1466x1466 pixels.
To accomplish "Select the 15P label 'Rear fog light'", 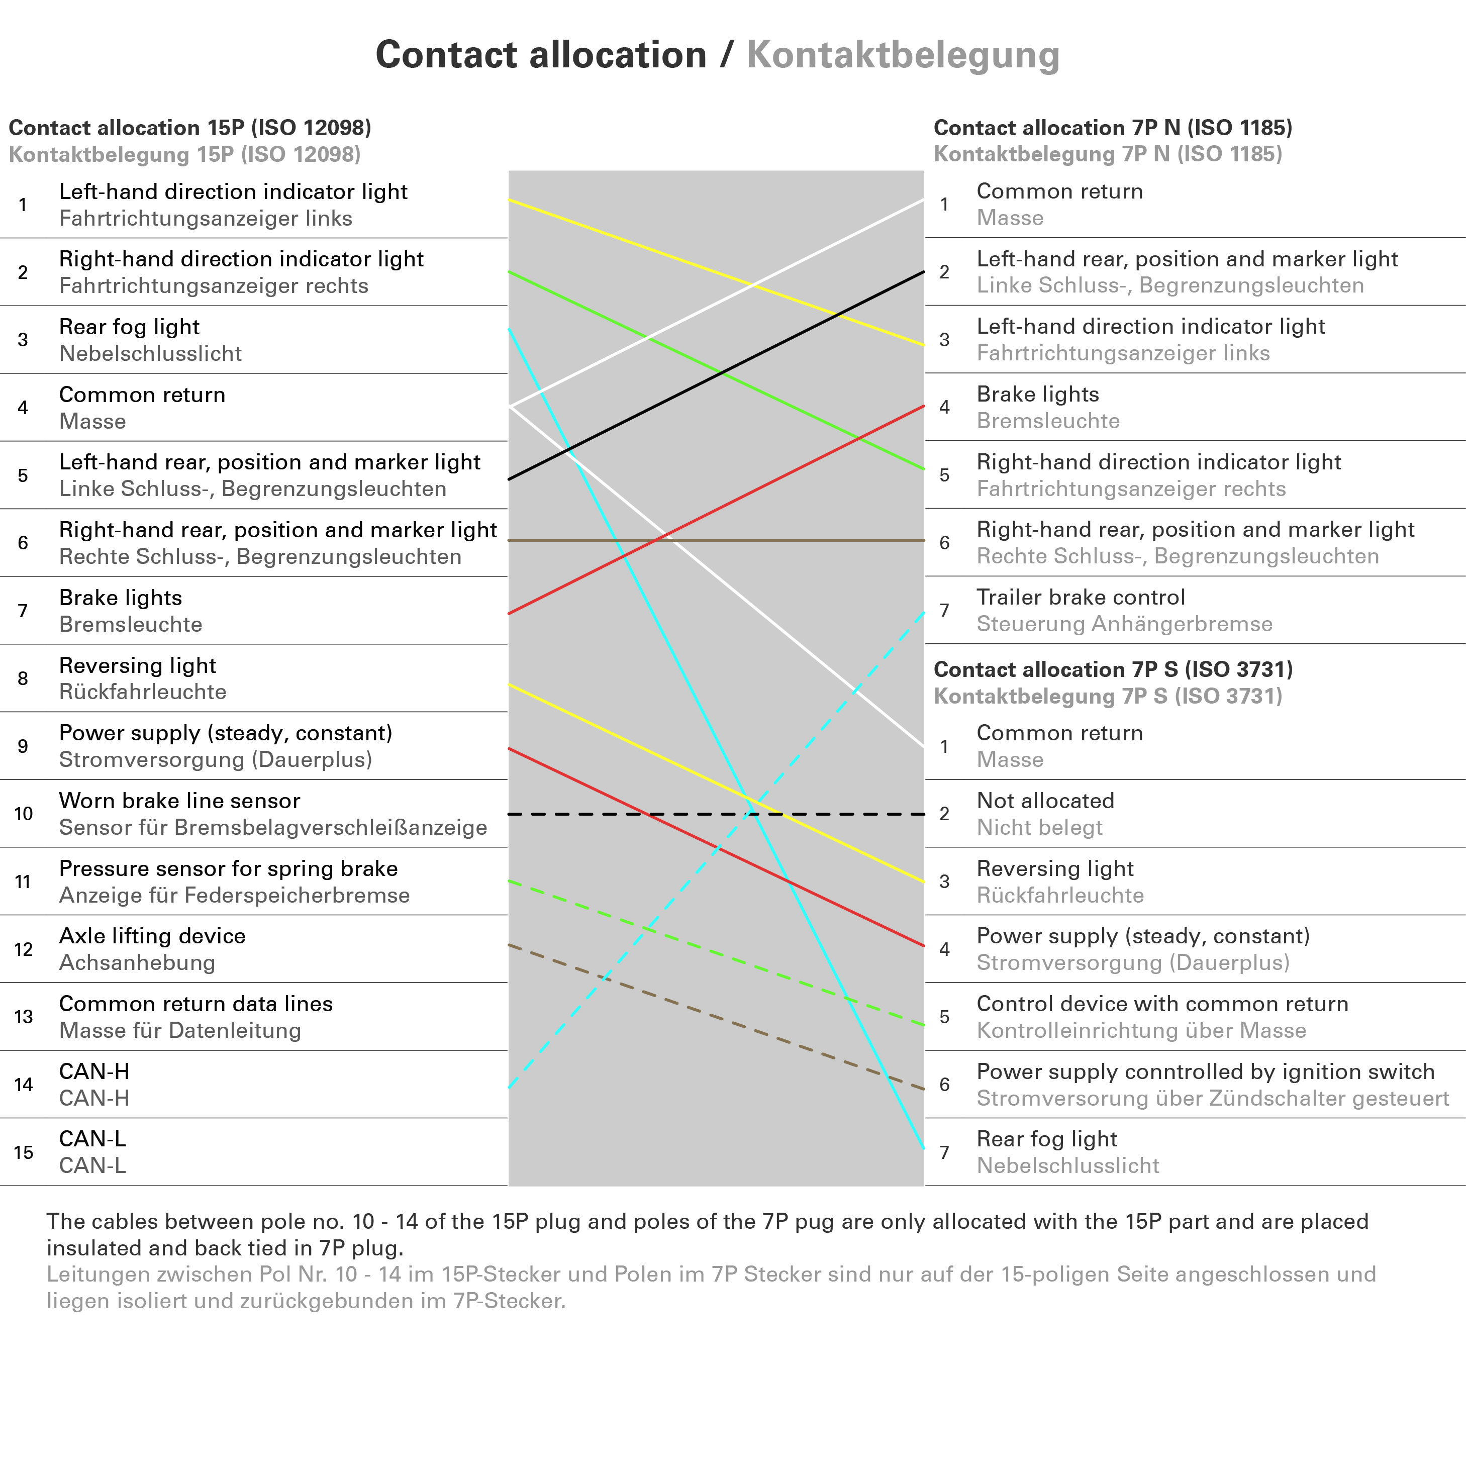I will tap(129, 327).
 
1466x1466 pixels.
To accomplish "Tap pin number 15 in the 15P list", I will tap(24, 1152).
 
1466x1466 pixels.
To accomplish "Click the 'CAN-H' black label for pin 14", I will tap(94, 1071).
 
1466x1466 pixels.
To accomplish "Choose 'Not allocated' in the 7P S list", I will tap(1045, 801).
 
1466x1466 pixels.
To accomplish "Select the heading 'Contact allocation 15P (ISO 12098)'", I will tap(189, 128).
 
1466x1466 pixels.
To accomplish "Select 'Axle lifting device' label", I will tap(152, 936).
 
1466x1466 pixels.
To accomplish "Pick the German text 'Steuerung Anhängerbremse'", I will tap(1124, 624).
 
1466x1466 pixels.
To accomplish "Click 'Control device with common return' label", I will tap(1162, 1004).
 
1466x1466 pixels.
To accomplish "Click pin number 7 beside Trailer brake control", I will tap(944, 610).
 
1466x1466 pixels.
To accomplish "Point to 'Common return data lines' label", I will tap(196, 1004).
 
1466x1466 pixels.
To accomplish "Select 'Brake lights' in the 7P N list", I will tap(1037, 395).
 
